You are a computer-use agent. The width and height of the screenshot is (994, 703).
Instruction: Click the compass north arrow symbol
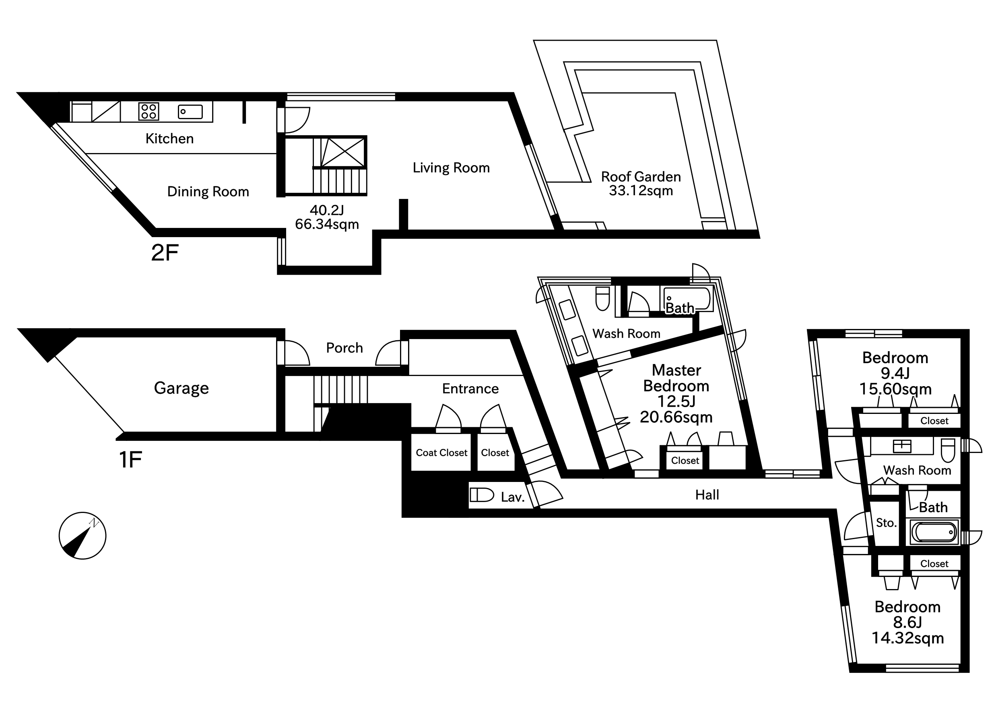[82, 536]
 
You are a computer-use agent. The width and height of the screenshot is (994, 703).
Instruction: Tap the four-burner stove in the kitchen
[148, 111]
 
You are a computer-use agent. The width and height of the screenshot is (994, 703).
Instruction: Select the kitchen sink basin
[190, 112]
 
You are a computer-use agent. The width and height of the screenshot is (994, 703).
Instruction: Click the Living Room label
[451, 167]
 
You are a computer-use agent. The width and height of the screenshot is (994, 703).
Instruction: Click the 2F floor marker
[165, 252]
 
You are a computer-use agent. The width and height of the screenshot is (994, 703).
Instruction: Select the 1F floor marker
[130, 459]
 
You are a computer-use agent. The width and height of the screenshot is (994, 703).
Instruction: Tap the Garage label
[181, 388]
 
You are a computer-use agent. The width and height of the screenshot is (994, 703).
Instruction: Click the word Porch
[344, 348]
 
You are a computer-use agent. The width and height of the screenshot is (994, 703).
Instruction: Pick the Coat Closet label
[441, 453]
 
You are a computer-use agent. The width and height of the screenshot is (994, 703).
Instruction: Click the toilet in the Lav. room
[482, 495]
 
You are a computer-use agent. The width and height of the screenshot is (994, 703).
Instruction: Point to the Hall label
[707, 495]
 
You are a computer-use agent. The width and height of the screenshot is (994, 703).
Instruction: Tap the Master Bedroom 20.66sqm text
[676, 417]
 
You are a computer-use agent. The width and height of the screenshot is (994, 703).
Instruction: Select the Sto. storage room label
[886, 523]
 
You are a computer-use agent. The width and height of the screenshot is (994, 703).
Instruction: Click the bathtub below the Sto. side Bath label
[934, 532]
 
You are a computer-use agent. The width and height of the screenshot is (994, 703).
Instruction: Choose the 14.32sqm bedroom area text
[907, 638]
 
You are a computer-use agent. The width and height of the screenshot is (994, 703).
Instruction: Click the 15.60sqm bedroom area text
[895, 389]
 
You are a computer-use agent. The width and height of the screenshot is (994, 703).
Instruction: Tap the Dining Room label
[208, 191]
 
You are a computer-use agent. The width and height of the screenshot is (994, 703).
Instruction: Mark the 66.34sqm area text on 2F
[327, 224]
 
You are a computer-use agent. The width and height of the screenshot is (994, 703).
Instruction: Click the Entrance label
[470, 389]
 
